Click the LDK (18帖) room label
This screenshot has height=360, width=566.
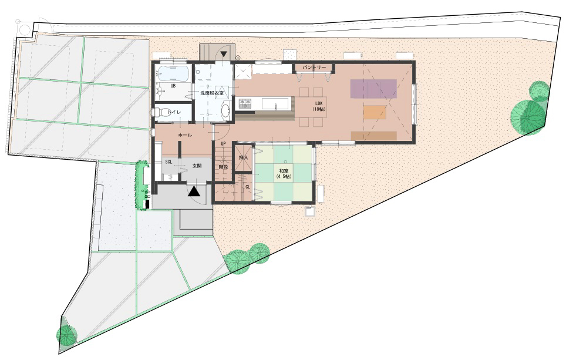coord(319,106)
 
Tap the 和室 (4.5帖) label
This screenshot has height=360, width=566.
coord(284,174)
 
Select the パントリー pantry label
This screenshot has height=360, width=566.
coord(314,68)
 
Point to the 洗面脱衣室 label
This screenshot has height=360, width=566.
coord(213,93)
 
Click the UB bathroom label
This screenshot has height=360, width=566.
coord(173,86)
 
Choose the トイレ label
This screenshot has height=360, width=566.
coord(175,112)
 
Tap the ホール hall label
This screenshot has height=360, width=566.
coord(185,135)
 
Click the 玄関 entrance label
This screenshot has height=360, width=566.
coord(197,166)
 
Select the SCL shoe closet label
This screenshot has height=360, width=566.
coord(169,162)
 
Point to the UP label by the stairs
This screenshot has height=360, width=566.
coord(223,144)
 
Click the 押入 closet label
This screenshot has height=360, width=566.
coord(244,158)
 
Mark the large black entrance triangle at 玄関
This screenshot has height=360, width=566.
coord(194,191)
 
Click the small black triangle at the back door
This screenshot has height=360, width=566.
coord(224,54)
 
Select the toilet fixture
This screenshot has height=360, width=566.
coord(160,113)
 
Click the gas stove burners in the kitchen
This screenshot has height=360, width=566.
coord(245,104)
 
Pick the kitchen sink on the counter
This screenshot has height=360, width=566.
coord(275,103)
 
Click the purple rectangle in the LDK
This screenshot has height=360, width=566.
coord(373,89)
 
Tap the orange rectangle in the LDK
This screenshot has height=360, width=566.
coord(375,112)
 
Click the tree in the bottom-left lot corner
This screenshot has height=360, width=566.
coord(67,335)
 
